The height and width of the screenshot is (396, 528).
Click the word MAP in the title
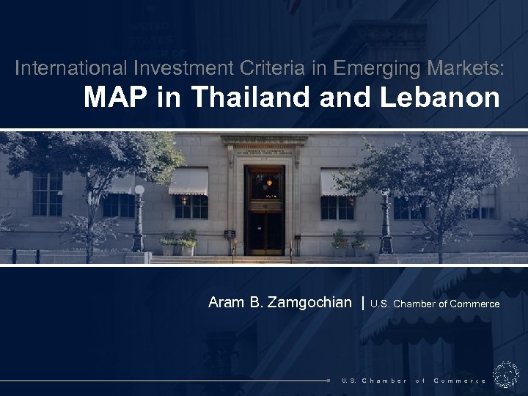pos(110,97)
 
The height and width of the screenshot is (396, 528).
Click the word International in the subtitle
pos(70,69)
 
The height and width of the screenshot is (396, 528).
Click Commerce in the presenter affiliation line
pos(475,304)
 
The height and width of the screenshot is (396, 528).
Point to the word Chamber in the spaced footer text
pos(384,381)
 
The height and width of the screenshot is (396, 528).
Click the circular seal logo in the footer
pos(506,375)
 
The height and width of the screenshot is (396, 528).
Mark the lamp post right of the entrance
pos(386,220)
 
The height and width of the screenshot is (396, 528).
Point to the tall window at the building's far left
pos(47,194)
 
